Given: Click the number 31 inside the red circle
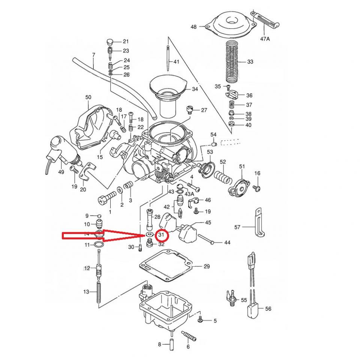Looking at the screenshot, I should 162,235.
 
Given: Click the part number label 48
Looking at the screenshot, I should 193,27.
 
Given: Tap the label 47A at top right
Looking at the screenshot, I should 265,38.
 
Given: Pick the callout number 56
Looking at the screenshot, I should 268,309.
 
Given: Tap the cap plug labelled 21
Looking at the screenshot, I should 110,41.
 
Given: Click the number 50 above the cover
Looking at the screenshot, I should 88,97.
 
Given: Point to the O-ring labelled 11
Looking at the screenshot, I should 99,245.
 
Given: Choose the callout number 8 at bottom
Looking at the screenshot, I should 159,344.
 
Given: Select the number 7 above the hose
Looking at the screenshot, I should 93,55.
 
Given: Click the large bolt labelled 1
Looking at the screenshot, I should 108,196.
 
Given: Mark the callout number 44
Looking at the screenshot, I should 227,243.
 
